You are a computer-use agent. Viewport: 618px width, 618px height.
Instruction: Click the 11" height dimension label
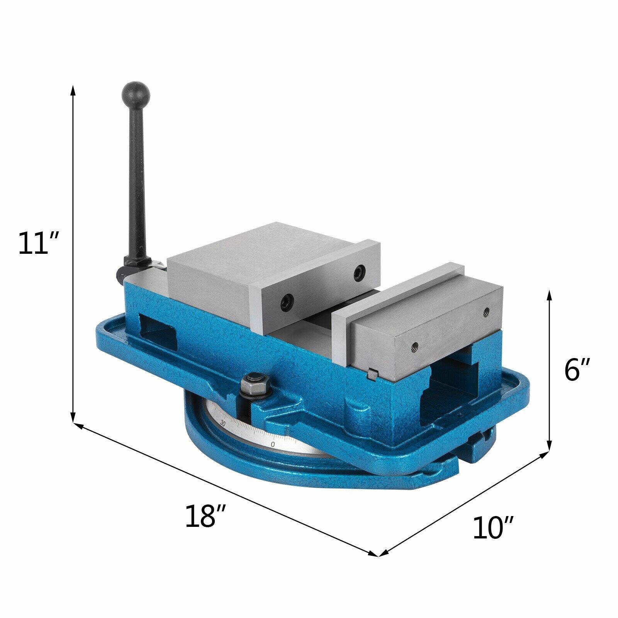tap(38, 243)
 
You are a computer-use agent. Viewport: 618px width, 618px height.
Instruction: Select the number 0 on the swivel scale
tap(273, 445)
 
